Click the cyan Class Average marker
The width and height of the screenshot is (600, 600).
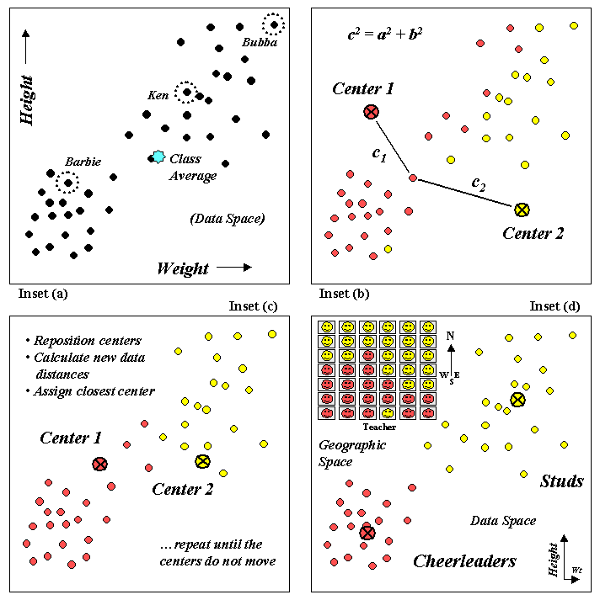[x=158, y=157]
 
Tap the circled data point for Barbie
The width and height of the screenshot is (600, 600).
[x=68, y=182]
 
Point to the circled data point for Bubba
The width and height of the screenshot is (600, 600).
[x=274, y=24]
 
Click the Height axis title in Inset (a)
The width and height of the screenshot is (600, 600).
[x=27, y=100]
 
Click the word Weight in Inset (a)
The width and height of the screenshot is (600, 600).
[x=183, y=268]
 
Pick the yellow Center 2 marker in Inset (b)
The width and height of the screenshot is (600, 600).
[x=522, y=209]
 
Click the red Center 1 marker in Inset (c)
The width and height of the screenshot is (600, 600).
[x=100, y=464]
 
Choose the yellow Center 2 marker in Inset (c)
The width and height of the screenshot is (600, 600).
[x=202, y=461]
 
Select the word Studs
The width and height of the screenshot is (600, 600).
[x=561, y=481]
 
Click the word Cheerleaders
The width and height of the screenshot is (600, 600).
[x=464, y=561]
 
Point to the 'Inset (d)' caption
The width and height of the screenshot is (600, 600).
[x=555, y=306]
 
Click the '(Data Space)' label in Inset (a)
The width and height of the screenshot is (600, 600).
[x=228, y=219]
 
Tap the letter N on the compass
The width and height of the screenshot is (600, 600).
[x=450, y=335]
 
